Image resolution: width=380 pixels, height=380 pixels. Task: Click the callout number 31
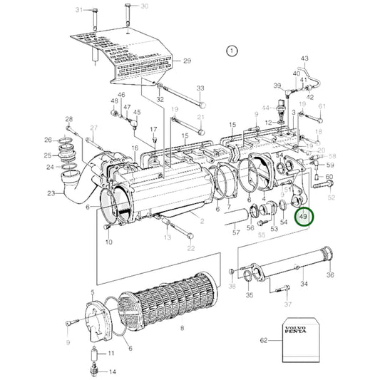(80, 10)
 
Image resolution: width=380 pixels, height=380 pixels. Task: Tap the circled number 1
(230, 51)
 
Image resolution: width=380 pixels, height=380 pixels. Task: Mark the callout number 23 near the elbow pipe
(51, 193)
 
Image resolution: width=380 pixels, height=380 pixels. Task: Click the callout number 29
(188, 61)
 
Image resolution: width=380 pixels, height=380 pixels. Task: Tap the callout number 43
(304, 58)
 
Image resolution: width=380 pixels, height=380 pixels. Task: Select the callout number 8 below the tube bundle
(183, 328)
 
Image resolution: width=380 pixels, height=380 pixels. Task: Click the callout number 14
(113, 372)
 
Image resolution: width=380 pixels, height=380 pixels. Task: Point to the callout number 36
(330, 275)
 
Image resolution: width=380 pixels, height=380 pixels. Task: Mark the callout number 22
(191, 248)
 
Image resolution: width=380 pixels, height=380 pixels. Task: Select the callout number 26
(48, 140)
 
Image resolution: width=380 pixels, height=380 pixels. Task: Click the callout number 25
(48, 155)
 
